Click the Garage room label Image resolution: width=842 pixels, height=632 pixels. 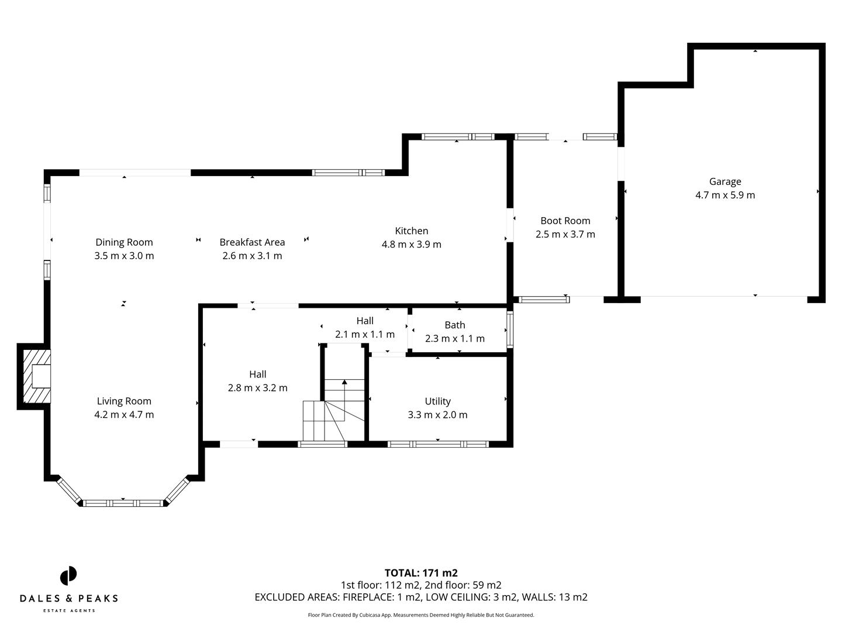(725, 181)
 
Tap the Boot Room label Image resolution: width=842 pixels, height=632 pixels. (565, 221)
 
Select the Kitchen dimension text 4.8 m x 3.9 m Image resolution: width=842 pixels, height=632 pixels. (411, 245)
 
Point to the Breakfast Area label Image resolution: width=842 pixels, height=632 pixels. (252, 242)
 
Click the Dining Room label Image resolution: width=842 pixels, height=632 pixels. (124, 242)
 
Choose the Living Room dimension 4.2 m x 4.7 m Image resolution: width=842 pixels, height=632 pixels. (124, 415)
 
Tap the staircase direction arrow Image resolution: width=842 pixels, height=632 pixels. (344, 383)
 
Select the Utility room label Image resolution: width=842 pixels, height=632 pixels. (437, 401)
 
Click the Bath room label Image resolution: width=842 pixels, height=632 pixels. (454, 325)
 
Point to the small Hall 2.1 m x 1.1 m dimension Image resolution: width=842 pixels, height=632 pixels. (364, 335)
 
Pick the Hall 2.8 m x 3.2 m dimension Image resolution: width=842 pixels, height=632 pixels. (257, 388)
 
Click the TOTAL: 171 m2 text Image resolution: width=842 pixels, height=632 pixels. (420, 573)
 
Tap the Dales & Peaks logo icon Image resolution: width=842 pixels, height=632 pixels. (68, 576)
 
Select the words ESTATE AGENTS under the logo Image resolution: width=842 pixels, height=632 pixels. (69, 611)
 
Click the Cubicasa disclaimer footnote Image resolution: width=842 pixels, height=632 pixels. (420, 615)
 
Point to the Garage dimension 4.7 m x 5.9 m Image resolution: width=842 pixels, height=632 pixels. (725, 195)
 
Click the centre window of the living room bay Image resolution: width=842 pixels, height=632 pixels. (123, 503)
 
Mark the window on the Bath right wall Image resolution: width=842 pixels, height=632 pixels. (510, 330)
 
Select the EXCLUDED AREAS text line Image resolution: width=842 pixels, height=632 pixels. (420, 597)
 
